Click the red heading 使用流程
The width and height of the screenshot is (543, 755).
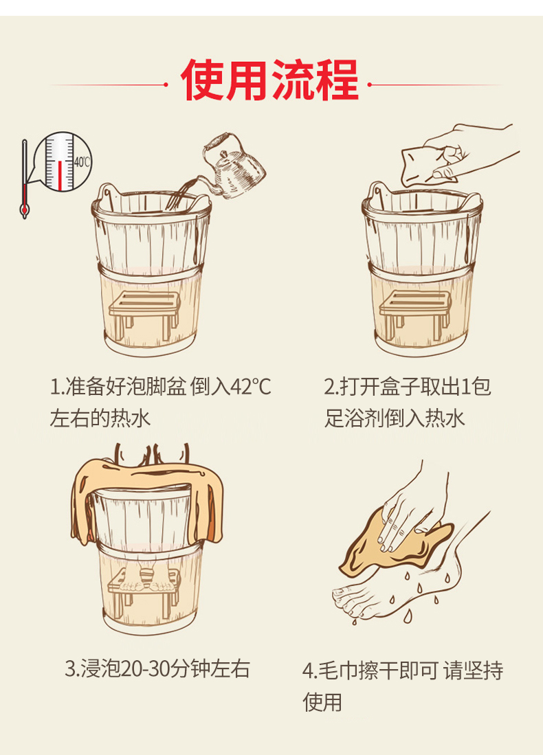[270, 80]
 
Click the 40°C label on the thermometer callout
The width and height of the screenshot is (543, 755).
[82, 162]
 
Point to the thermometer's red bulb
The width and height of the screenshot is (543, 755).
[24, 210]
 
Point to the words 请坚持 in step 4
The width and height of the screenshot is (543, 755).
[474, 671]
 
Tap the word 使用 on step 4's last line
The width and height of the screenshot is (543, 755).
[322, 702]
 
